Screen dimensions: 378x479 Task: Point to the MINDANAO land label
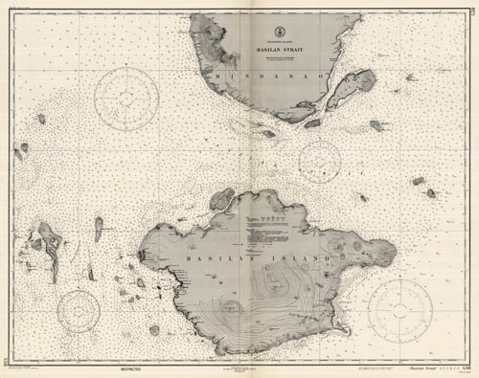pos(241,77)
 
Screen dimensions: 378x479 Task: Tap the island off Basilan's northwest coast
pos(223,198)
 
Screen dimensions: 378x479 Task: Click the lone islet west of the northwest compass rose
pos(41,119)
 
